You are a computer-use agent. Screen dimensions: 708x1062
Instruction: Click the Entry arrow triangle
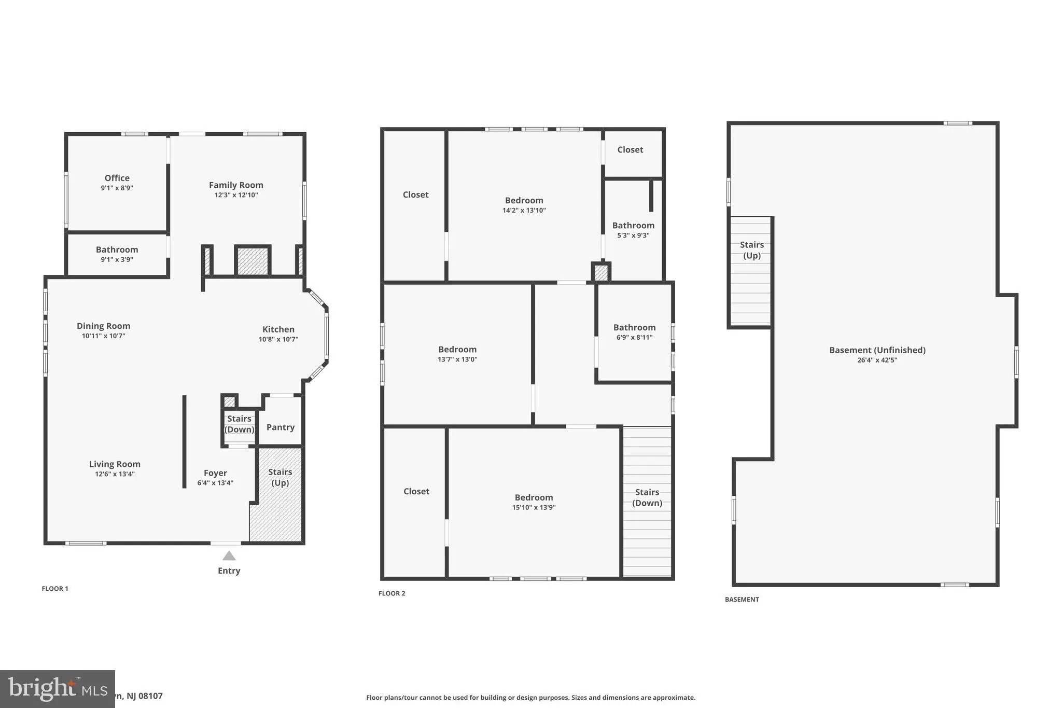tap(229, 556)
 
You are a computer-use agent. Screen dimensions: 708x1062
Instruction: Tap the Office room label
tap(117, 178)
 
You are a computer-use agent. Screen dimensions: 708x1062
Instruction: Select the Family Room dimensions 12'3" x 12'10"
tap(236, 195)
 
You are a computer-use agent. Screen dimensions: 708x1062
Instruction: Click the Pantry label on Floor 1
tap(281, 427)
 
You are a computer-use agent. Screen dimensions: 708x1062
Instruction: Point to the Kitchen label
tap(278, 329)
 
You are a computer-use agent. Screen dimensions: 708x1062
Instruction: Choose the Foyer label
tap(215, 473)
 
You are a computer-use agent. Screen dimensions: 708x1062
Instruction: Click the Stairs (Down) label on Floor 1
tap(239, 424)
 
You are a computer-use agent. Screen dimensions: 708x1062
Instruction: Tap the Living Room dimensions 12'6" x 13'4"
tap(115, 474)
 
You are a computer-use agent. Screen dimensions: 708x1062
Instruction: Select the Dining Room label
tap(104, 326)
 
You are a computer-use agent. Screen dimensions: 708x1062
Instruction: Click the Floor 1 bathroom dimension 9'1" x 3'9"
tap(117, 259)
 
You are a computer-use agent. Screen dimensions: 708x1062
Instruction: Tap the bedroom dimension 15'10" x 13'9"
tap(534, 507)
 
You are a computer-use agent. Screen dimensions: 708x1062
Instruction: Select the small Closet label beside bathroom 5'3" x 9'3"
tap(630, 149)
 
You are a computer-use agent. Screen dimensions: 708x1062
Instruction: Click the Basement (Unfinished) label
tap(877, 350)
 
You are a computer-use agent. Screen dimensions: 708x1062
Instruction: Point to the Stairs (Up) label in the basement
tap(751, 250)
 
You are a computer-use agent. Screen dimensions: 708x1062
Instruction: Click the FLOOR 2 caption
tap(392, 593)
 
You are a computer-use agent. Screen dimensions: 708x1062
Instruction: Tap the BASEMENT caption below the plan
tap(742, 599)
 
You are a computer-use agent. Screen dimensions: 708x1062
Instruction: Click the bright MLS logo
tap(57, 689)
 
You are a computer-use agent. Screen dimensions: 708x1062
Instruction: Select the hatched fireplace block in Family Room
tap(253, 261)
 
